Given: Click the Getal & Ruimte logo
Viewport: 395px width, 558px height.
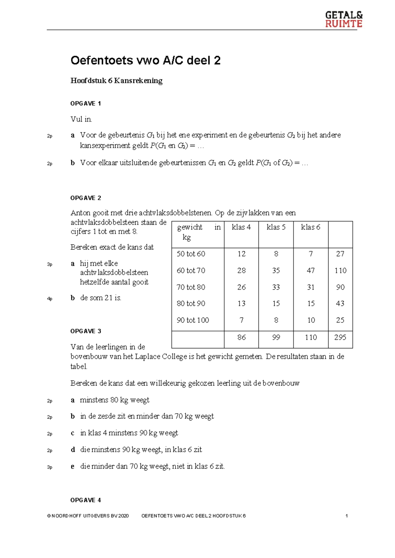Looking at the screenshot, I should pyautogui.click(x=344, y=19).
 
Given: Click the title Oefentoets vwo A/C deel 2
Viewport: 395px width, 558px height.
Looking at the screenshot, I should pyautogui.click(x=145, y=61).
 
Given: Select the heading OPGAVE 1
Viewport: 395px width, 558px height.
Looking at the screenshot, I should pyautogui.click(x=86, y=104).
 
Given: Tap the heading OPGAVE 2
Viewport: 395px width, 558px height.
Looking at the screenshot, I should pyautogui.click(x=86, y=198).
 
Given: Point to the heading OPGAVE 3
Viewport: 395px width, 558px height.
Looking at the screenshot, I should pyautogui.click(x=86, y=331).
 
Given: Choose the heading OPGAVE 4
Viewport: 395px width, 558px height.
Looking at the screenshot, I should pyautogui.click(x=86, y=500).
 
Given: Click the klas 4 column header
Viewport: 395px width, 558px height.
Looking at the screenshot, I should pyautogui.click(x=241, y=227).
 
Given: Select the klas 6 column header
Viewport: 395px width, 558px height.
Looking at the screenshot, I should pyautogui.click(x=310, y=227).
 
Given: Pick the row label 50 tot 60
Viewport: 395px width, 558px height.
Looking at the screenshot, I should pyautogui.click(x=191, y=254).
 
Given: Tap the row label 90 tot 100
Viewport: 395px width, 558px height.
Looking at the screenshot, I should pyautogui.click(x=193, y=320).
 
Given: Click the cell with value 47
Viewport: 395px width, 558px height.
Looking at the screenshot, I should pyautogui.click(x=310, y=270).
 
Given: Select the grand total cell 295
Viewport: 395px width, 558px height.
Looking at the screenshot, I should pyautogui.click(x=340, y=337).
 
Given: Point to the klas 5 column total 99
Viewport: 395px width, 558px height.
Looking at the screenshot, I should pyautogui.click(x=276, y=337).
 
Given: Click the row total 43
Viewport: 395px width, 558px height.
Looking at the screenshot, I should pyautogui.click(x=340, y=303).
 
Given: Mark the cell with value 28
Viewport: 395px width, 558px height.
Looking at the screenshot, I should pyautogui.click(x=241, y=270).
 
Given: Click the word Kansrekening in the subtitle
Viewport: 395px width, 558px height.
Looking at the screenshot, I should pyautogui.click(x=138, y=81).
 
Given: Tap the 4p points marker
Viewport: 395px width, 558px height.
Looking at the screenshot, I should pyautogui.click(x=50, y=299).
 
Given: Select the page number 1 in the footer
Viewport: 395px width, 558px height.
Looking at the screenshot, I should pyautogui.click(x=347, y=516).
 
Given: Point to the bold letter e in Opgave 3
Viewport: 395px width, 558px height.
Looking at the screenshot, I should pyautogui.click(x=73, y=467).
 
